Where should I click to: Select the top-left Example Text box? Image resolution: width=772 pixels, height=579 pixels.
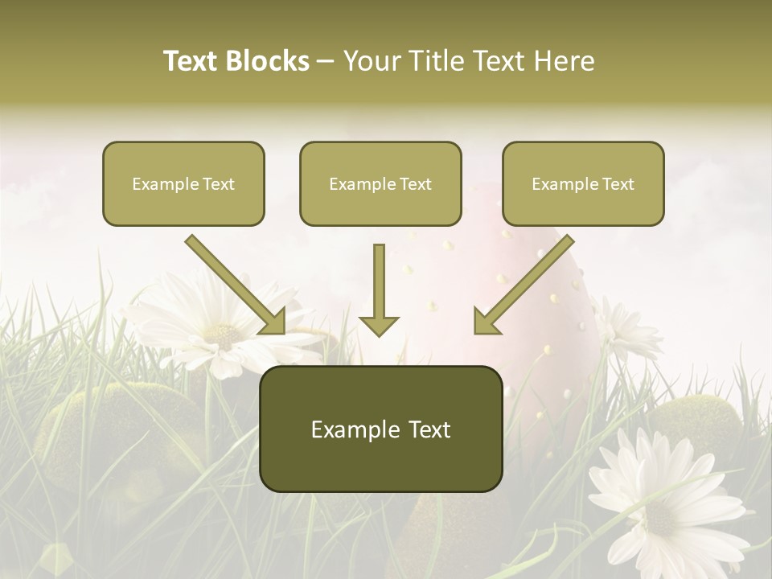point(183,183)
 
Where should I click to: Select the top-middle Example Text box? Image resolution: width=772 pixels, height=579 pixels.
point(380,183)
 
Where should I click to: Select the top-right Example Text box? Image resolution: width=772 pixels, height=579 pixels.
point(583,183)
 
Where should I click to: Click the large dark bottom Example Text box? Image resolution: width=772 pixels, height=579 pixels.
point(380,429)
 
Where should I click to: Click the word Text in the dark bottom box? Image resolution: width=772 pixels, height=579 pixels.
point(427,429)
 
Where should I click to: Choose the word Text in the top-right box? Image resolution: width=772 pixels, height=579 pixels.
point(618,184)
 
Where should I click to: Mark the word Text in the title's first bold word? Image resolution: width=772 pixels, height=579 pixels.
point(191,61)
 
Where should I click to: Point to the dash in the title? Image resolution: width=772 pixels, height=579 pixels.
point(326,62)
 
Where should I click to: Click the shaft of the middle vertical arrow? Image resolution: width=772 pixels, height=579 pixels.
point(379,277)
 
